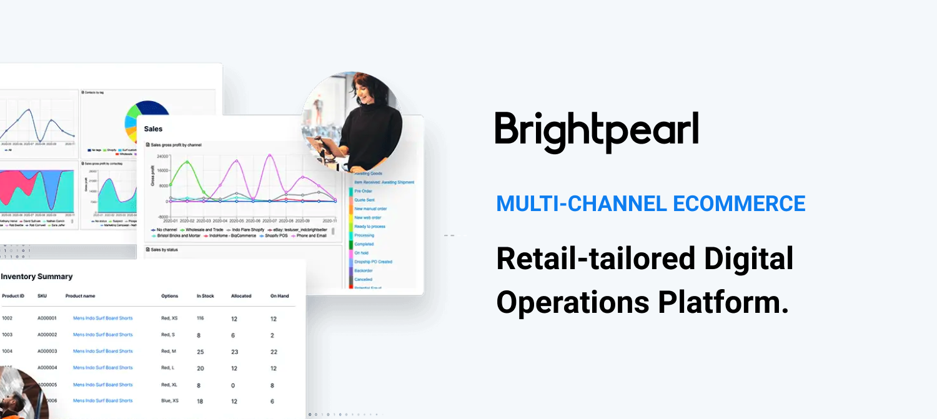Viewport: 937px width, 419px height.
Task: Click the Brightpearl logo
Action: pyautogui.click(x=597, y=132)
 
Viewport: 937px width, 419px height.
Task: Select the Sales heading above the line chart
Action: pyautogui.click(x=153, y=129)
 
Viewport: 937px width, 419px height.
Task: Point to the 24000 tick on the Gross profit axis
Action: pyautogui.click(x=162, y=156)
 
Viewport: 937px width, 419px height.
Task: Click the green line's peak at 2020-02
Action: pyautogui.click(x=186, y=162)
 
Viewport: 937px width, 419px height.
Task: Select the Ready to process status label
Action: pyautogui.click(x=370, y=227)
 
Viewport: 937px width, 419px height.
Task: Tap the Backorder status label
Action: pyautogui.click(x=364, y=271)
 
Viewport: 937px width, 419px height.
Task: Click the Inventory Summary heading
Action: pyautogui.click(x=37, y=277)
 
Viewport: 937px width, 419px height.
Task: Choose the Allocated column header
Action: pyautogui.click(x=241, y=296)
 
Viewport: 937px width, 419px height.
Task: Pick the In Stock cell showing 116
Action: pyautogui.click(x=201, y=318)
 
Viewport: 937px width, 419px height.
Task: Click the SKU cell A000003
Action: pyautogui.click(x=47, y=352)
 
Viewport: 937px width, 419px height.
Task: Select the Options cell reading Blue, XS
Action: pyautogui.click(x=170, y=401)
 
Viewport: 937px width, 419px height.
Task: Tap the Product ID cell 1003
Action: pyautogui.click(x=7, y=335)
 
